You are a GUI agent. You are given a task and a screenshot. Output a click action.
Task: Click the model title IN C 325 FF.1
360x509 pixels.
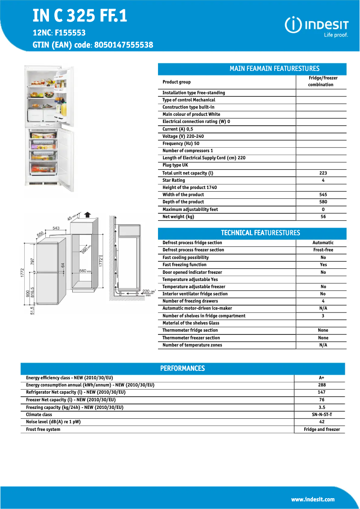click(x=80, y=16)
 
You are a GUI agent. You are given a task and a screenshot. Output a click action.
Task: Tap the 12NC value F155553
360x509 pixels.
click(x=70, y=33)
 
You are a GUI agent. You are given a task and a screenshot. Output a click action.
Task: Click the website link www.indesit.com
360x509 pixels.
click(x=313, y=499)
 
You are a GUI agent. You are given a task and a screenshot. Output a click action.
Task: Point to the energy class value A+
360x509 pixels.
click(x=321, y=378)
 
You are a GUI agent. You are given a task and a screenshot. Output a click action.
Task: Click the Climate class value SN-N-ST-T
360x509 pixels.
click(x=321, y=415)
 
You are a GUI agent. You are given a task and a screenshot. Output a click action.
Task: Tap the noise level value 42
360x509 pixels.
click(x=321, y=422)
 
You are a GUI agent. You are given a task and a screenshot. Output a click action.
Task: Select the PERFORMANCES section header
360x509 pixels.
click(x=183, y=369)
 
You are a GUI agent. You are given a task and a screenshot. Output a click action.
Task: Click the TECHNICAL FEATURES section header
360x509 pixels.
click(x=260, y=233)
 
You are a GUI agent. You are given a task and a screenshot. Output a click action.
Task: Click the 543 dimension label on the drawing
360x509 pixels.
click(x=56, y=228)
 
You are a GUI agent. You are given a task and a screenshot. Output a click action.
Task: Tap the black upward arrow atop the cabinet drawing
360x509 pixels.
click(x=88, y=215)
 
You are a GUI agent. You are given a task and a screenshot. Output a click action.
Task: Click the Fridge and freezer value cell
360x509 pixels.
click(x=321, y=430)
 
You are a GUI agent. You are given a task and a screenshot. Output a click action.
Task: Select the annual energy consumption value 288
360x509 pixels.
click(x=321, y=385)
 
